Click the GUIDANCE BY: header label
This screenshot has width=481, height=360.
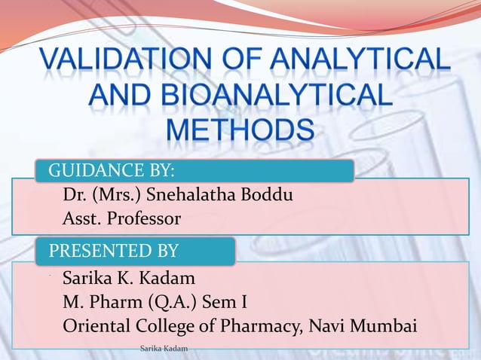[112, 171]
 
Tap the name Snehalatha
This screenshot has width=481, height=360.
[191, 197]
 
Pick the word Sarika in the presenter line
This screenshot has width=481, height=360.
[87, 279]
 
